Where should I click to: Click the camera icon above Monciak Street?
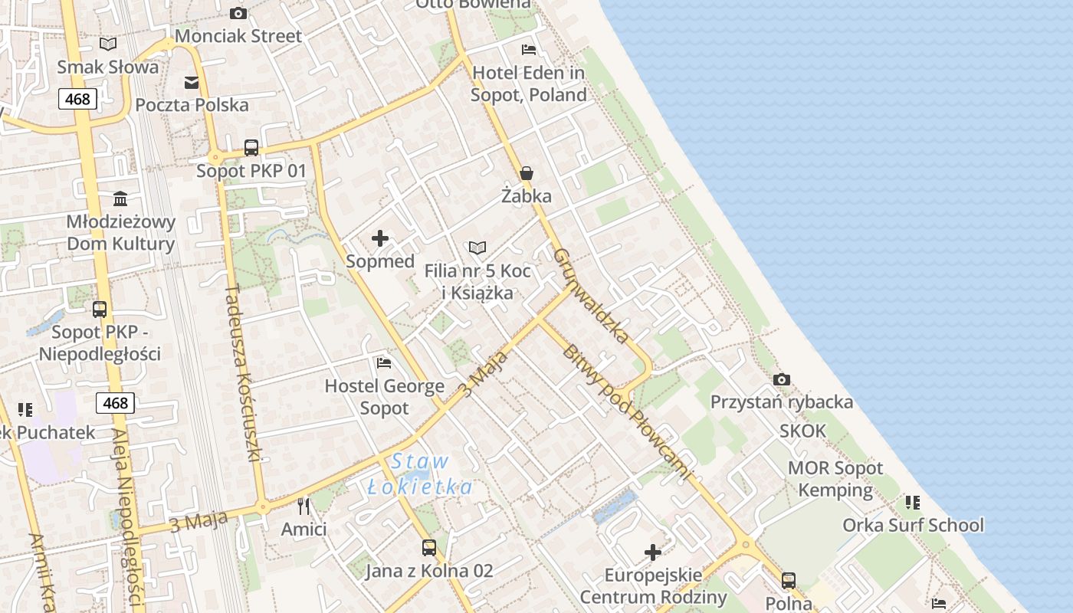coord(238,13)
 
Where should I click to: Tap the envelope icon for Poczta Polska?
coord(192,83)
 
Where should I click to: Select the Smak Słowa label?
coord(108,67)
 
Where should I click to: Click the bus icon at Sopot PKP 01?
coord(251,148)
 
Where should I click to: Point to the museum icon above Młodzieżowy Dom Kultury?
coord(120,199)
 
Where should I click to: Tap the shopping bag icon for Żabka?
coord(527,173)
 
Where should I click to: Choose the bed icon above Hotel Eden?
coord(528,50)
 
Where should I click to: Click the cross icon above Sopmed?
coord(379,238)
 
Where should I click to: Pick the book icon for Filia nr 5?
coord(477,248)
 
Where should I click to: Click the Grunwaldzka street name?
coord(591,295)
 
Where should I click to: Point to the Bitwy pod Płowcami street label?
coord(625,413)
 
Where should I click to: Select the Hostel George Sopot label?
coord(385,397)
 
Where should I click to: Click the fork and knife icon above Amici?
coord(304,506)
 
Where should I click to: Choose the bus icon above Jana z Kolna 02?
coord(429,548)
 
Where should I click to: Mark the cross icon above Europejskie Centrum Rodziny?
coord(653,552)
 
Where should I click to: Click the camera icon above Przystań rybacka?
coord(782,379)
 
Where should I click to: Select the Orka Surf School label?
coord(913,525)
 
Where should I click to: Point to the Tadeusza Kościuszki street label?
coord(244,373)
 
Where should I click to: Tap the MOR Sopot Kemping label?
coord(835,479)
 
